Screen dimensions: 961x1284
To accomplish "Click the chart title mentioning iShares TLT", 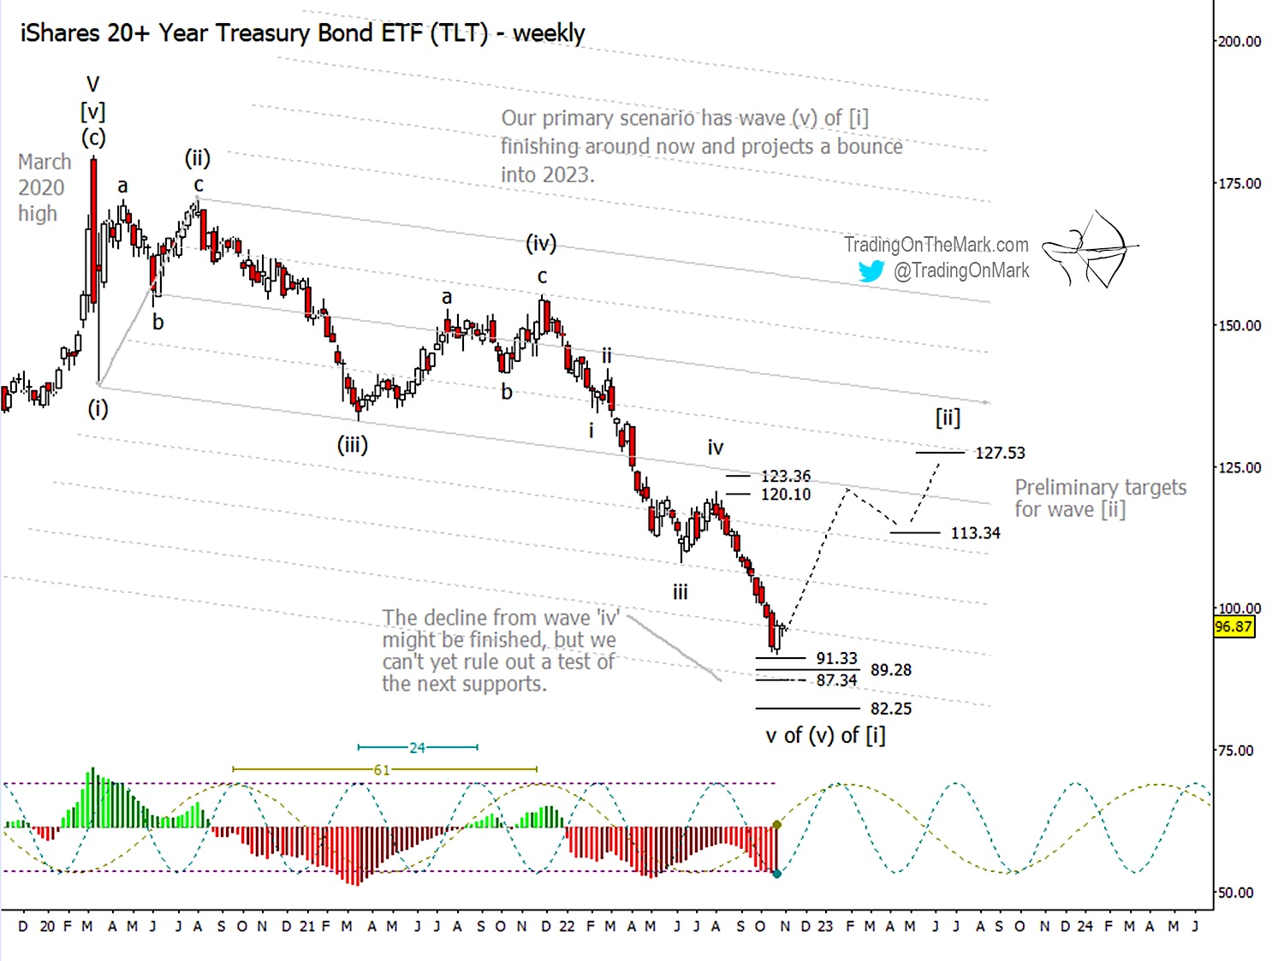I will tap(302, 33).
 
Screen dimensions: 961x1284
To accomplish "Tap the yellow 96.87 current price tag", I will tap(1233, 626).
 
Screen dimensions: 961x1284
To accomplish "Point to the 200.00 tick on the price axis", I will tap(1239, 41).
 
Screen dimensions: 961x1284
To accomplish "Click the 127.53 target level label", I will tap(999, 453).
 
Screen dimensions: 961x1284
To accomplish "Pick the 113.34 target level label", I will tap(975, 533).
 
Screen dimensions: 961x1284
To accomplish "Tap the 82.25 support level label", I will tap(890, 709).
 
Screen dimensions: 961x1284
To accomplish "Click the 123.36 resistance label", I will tap(785, 476).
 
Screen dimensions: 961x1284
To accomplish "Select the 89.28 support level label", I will tap(890, 670).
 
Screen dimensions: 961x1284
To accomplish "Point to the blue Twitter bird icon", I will tap(871, 271).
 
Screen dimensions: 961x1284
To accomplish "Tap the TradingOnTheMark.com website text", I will tap(936, 245).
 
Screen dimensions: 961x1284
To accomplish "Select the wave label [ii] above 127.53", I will tap(948, 418).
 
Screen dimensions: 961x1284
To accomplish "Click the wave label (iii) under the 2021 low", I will tap(352, 444).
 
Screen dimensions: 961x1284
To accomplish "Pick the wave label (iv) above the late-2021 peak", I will tap(541, 244).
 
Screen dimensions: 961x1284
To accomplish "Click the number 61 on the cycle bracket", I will tap(382, 770).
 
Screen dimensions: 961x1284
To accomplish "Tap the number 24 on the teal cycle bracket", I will tap(417, 748).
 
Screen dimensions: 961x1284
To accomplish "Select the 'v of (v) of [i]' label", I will tap(825, 736).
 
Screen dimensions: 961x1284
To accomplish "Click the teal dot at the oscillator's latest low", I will tap(776, 874).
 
